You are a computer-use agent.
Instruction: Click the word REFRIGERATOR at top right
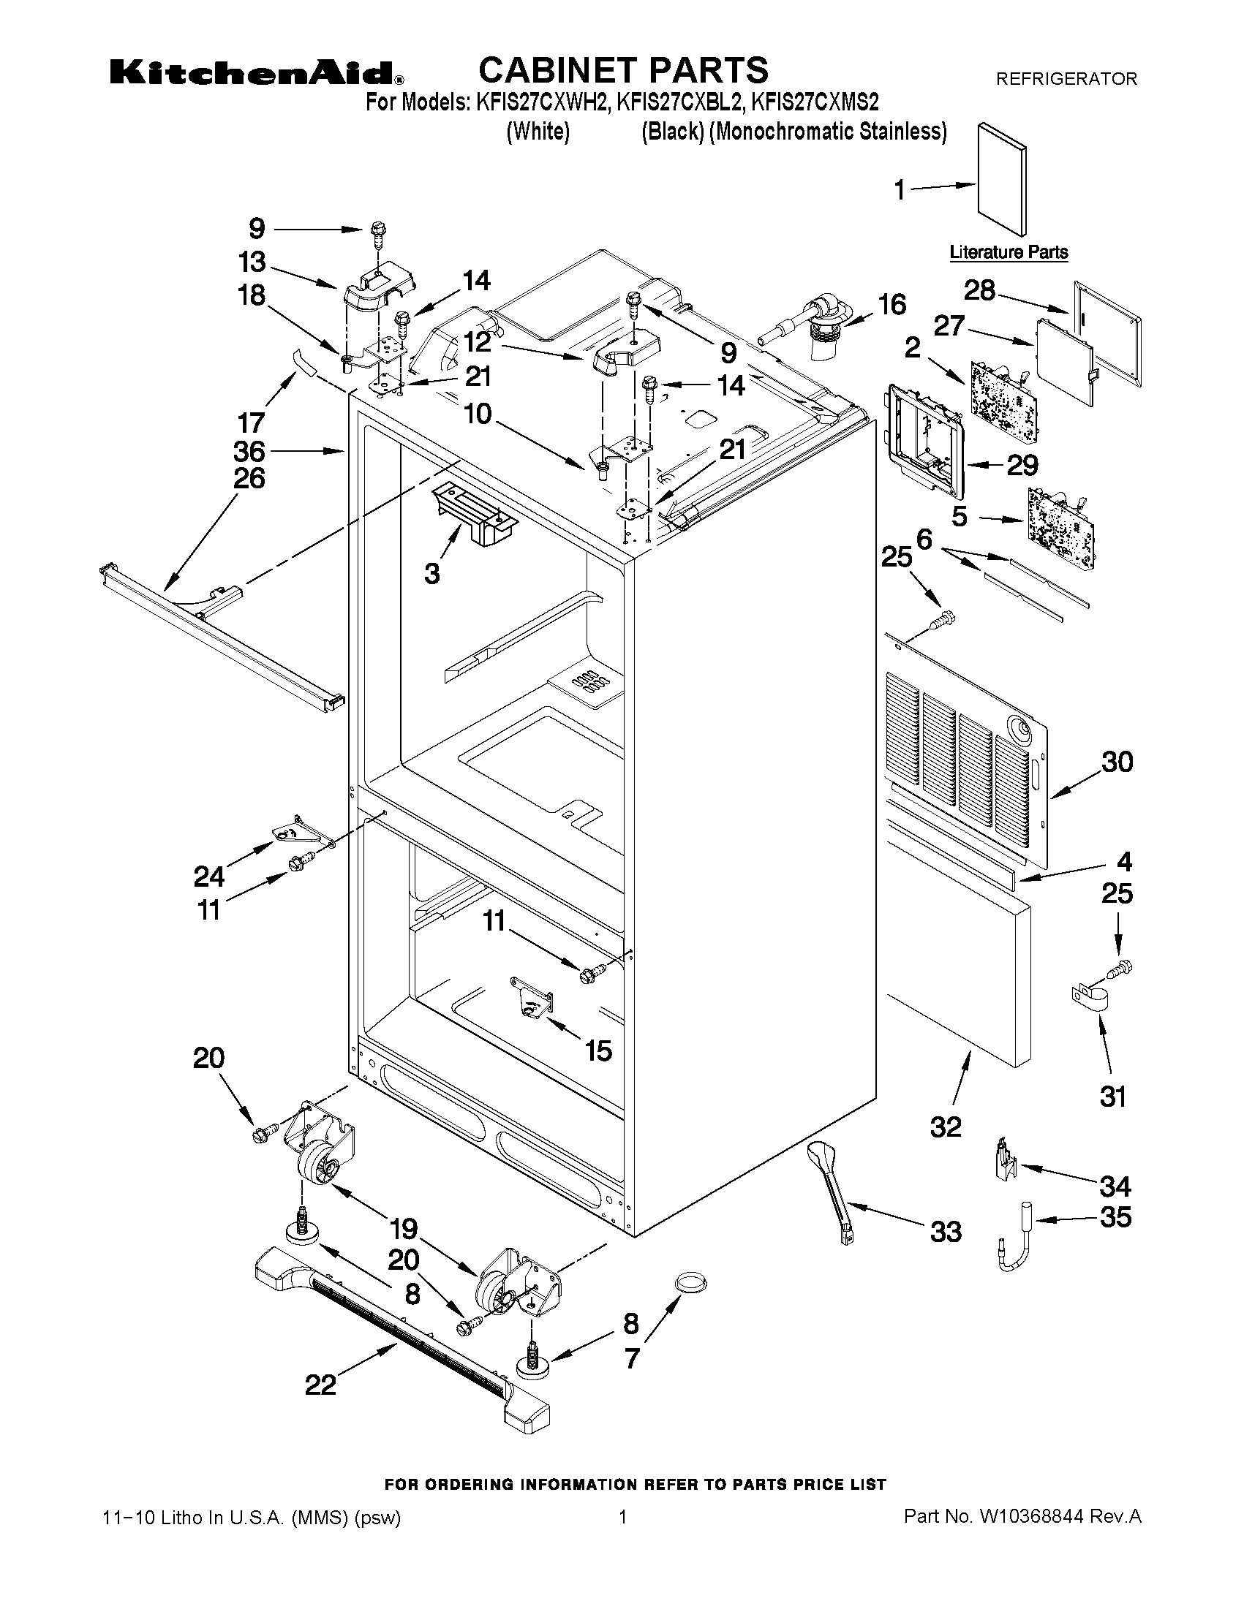(1066, 79)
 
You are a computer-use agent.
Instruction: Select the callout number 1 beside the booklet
(899, 190)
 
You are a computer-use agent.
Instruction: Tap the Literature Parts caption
(1009, 252)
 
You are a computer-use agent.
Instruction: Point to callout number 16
(892, 304)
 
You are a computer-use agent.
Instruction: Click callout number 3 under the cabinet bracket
(432, 573)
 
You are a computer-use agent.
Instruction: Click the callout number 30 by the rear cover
(1117, 761)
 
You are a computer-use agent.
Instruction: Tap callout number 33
(946, 1231)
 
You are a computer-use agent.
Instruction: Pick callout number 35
(1115, 1216)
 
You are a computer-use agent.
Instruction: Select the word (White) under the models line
(538, 132)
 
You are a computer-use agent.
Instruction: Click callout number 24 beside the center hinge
(209, 876)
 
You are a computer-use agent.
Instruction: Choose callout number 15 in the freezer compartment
(598, 1051)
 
